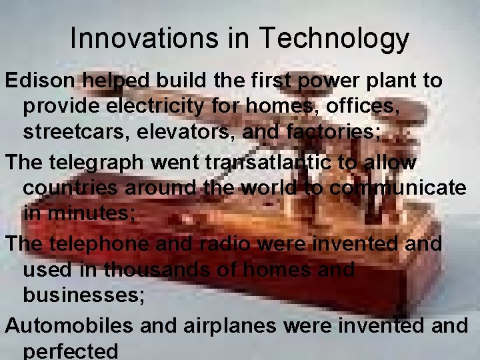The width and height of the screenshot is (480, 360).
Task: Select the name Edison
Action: [x=41, y=81]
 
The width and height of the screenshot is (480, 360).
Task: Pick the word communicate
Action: [x=397, y=188]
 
